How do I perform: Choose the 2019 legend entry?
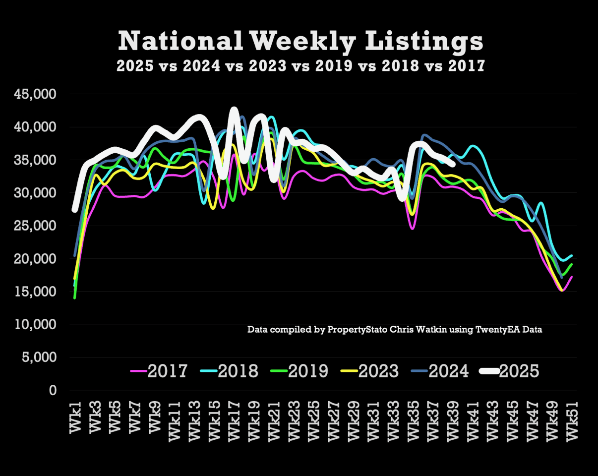pyautogui.click(x=300, y=371)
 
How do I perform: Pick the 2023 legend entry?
pyautogui.click(x=370, y=371)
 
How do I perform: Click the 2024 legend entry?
pyautogui.click(x=440, y=371)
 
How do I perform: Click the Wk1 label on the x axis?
pyautogui.click(x=75, y=419)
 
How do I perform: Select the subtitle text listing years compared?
pyautogui.click(x=300, y=66)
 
